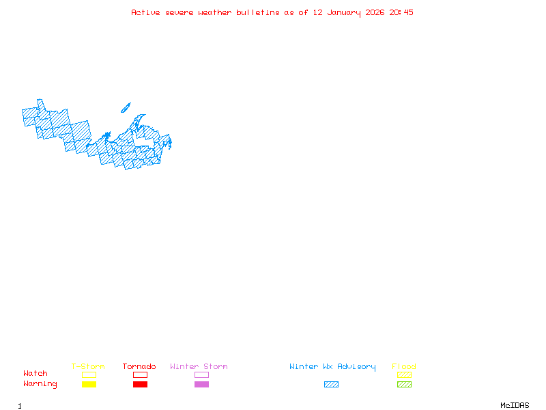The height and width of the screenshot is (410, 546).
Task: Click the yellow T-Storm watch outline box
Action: tap(89, 374)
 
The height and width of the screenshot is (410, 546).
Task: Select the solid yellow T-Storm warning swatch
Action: tap(89, 384)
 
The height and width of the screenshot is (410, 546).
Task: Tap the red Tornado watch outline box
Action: tap(140, 374)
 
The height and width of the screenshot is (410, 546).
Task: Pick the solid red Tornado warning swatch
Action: tap(140, 384)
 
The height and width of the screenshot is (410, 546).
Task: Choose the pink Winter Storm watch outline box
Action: tap(201, 374)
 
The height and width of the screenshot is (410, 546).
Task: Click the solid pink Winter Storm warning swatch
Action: tap(201, 384)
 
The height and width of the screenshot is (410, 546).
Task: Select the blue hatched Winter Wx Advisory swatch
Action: tap(331, 384)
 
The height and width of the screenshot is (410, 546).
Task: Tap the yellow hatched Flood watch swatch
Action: tap(404, 374)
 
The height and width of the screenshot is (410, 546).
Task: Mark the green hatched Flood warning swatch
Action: tap(404, 384)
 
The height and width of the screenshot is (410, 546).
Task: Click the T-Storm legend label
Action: tap(88, 366)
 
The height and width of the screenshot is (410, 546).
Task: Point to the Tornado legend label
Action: tap(139, 366)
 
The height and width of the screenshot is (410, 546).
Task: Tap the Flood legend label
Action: tap(404, 366)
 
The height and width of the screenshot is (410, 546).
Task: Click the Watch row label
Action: tap(35, 374)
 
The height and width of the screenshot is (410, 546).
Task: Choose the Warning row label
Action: tap(40, 384)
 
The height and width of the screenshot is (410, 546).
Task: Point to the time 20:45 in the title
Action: tap(401, 12)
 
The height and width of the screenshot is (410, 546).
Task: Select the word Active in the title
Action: tap(146, 12)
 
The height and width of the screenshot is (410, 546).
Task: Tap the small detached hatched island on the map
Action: tap(126, 107)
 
